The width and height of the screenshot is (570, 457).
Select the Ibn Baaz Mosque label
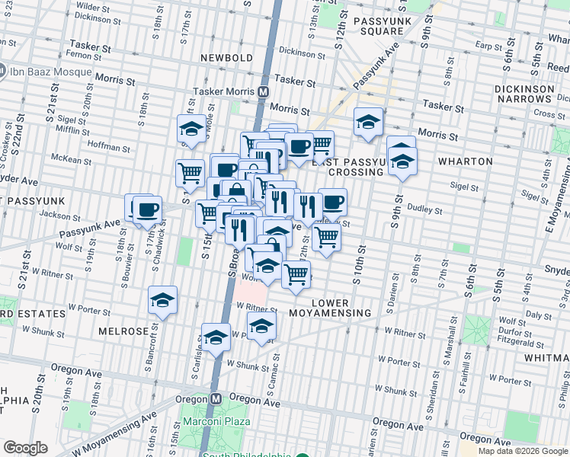pos(50,73)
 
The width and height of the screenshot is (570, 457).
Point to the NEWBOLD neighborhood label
pos(226,58)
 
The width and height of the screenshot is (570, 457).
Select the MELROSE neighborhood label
pos(121,331)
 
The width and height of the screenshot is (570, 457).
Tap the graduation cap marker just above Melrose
pos(162,300)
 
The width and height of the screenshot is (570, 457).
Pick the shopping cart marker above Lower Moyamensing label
pos(296,273)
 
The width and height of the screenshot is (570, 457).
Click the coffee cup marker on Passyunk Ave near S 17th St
pos(146,209)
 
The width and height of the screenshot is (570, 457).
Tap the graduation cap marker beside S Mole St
pos(192,128)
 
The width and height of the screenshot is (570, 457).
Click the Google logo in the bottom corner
pos(25,448)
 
